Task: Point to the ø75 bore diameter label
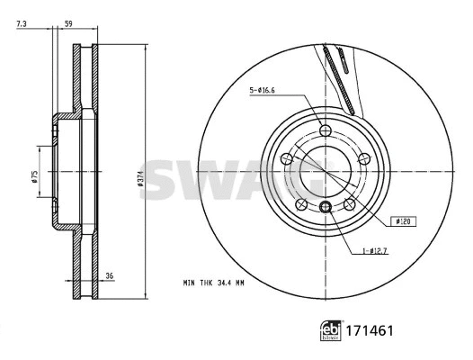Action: tap(33, 176)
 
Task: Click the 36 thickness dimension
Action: tap(110, 276)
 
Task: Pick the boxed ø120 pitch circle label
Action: tap(404, 220)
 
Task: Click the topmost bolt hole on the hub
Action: tap(326, 131)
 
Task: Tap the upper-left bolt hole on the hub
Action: tap(287, 159)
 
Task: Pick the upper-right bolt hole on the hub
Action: tap(364, 159)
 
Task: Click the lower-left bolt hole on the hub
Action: tap(301, 204)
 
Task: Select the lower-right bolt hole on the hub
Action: tap(350, 204)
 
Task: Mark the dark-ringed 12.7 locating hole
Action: tap(326, 210)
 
